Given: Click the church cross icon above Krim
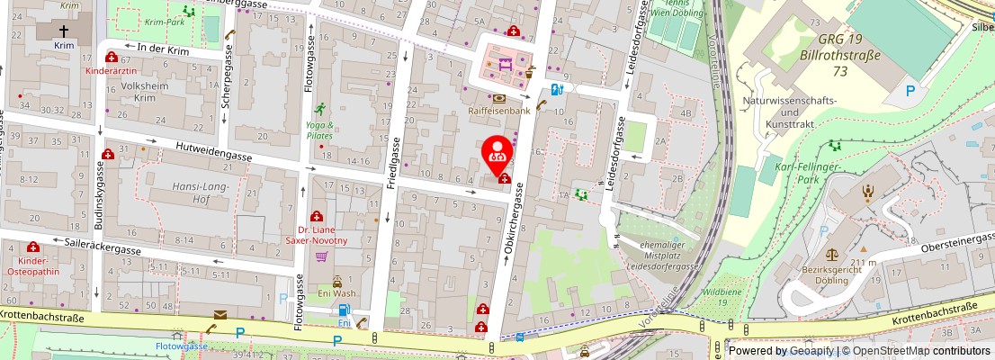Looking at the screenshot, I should coord(63,30).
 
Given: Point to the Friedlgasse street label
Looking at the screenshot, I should coord(393,164).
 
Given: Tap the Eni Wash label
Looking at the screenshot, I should coord(337,293).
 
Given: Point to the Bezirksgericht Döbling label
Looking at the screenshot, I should coord(825,274).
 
